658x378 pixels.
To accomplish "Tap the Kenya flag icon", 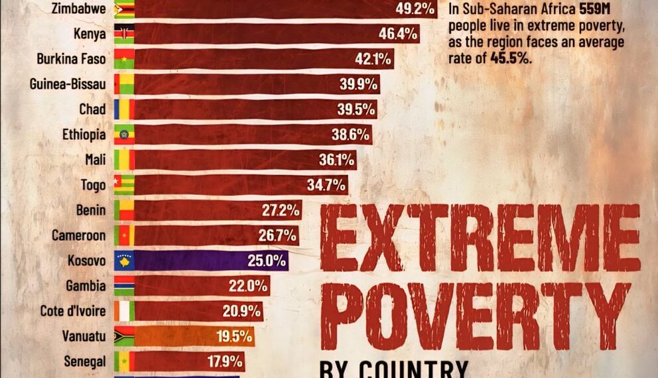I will coord(124,34).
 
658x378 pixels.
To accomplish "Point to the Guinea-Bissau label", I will coord(68,84).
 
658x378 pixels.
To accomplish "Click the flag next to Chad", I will coord(124,109).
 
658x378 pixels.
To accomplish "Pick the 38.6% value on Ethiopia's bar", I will coord(350,135).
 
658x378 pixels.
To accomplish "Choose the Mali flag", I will coord(124,160).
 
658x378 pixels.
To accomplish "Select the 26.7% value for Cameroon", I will coord(277,235).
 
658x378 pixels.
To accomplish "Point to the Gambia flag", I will coord(124,286).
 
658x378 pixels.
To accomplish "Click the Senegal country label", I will coord(85,361).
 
